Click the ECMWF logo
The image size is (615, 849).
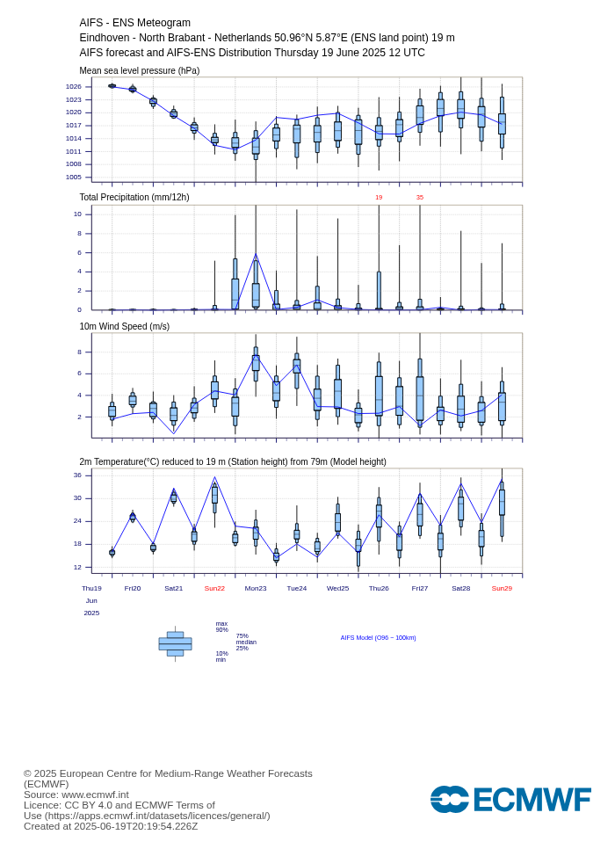510,800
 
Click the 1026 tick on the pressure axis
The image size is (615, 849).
73,86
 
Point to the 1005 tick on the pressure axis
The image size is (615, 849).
73,177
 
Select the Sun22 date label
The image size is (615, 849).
214,588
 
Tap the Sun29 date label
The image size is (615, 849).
502,588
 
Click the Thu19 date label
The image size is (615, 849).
91,588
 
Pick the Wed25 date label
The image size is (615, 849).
337,588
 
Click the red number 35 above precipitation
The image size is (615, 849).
420,198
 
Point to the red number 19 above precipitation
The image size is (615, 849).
379,198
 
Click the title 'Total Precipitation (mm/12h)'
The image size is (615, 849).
134,198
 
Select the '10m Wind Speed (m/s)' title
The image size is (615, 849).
125,326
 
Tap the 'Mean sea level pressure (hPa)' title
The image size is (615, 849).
140,70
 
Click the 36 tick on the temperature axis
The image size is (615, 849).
77,475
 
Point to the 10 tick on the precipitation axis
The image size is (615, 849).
77,214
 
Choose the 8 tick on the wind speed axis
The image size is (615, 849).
79,352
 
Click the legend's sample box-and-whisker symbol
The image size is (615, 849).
175,644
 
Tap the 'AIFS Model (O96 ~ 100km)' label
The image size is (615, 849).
379,637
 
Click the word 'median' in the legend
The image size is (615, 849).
246,642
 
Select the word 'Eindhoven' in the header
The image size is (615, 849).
103,38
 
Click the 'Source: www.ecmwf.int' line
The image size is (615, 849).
76,795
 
